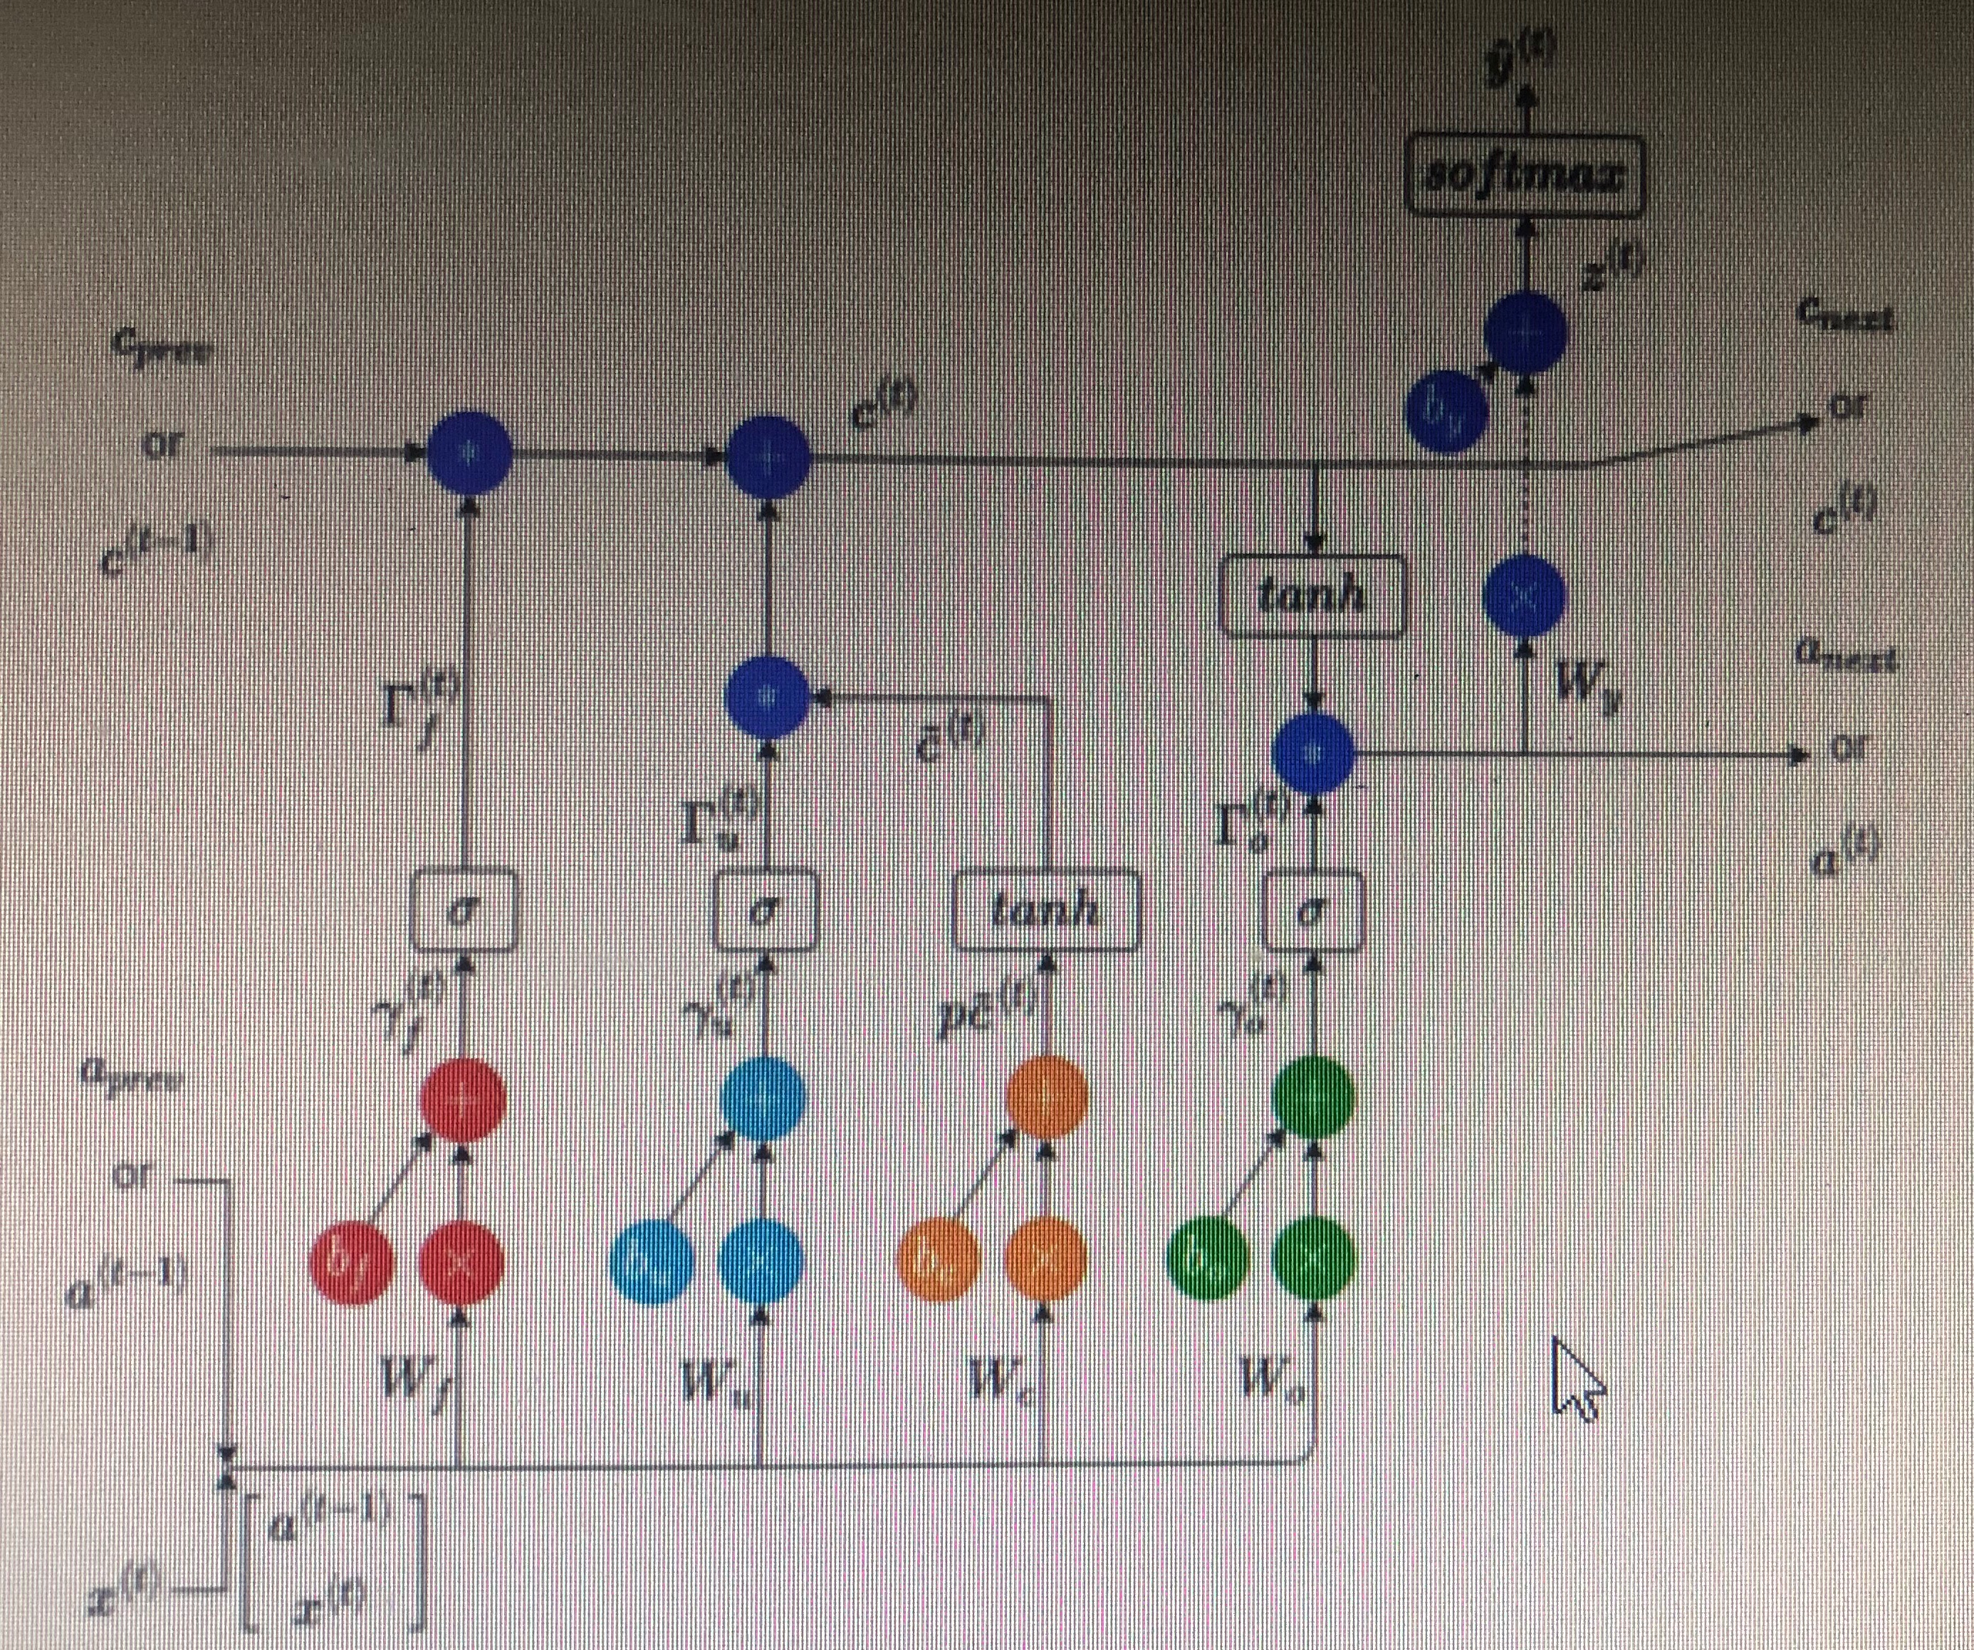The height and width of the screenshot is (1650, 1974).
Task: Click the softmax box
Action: [x=1524, y=176]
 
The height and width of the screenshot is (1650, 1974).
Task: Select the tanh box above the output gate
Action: [x=1313, y=596]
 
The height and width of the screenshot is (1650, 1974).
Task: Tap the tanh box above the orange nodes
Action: [x=1046, y=910]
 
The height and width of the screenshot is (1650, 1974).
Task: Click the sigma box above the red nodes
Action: [x=464, y=910]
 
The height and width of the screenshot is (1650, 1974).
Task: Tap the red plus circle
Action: [x=462, y=1099]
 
